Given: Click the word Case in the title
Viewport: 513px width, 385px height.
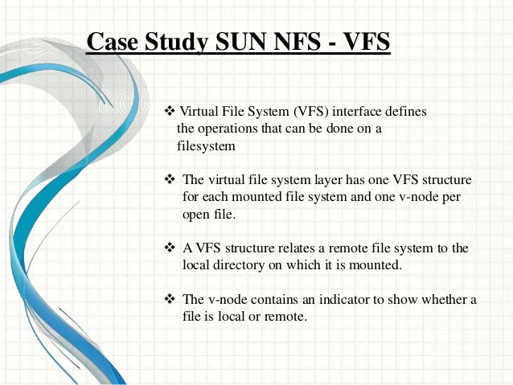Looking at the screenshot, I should click(x=109, y=42).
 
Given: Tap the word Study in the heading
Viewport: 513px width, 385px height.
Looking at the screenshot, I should click(x=170, y=42).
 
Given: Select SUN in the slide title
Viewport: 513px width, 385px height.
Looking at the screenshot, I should click(x=235, y=42).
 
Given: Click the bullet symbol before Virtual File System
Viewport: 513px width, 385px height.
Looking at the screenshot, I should click(x=169, y=110).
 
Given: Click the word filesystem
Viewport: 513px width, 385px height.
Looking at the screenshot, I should click(x=206, y=146).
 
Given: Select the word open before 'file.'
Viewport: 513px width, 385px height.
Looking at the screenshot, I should click(x=198, y=215).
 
